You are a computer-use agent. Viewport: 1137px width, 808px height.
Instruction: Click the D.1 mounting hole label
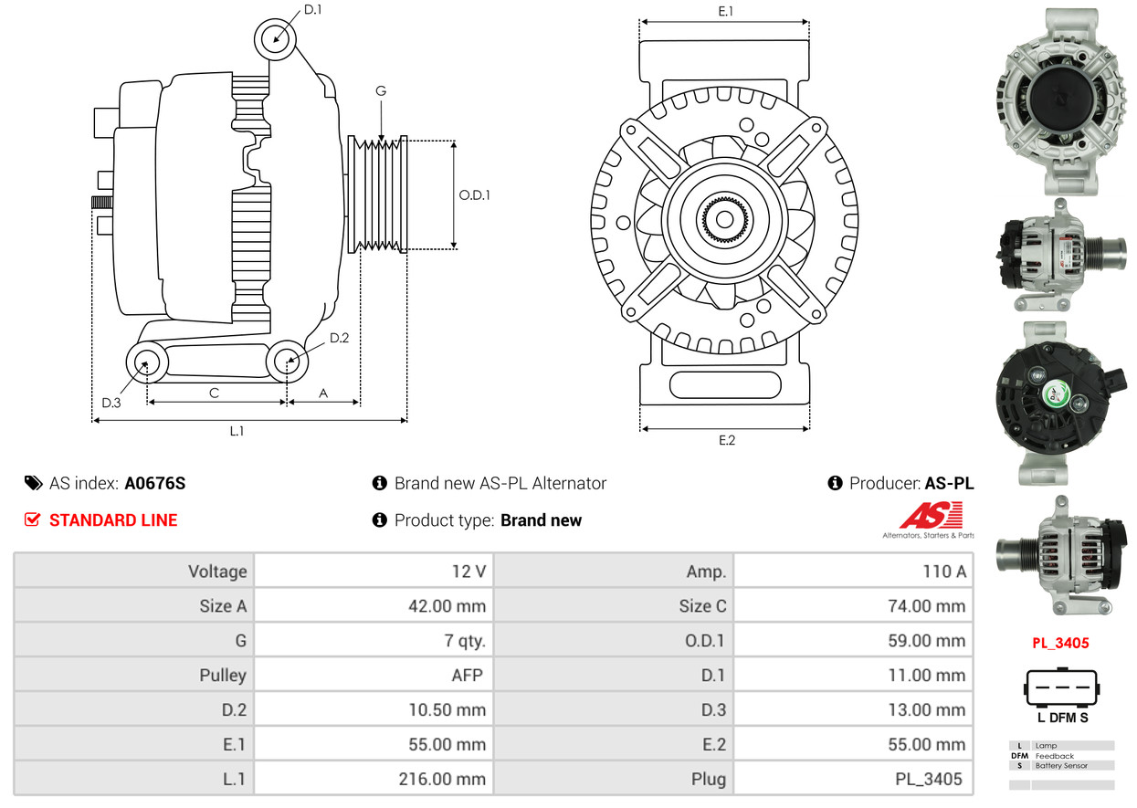pos(312,10)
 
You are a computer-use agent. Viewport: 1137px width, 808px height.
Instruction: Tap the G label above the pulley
pos(380,90)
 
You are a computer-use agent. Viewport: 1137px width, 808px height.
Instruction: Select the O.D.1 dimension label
pos(474,194)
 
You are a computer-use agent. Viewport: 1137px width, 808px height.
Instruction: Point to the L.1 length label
pos(237,431)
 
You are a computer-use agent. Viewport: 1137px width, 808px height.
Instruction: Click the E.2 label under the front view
pos(726,440)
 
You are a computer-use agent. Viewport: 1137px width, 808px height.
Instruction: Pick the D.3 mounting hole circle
pos(145,362)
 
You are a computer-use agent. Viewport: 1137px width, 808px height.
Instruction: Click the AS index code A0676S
pos(155,484)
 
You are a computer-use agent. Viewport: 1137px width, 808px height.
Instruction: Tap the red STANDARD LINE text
pos(113,520)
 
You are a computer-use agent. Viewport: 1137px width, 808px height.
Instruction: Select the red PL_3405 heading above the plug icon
pos(1060,643)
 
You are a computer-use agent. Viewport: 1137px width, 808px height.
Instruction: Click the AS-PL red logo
pos(930,519)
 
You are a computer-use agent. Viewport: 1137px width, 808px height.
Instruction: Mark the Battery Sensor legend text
pos(1061,766)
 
